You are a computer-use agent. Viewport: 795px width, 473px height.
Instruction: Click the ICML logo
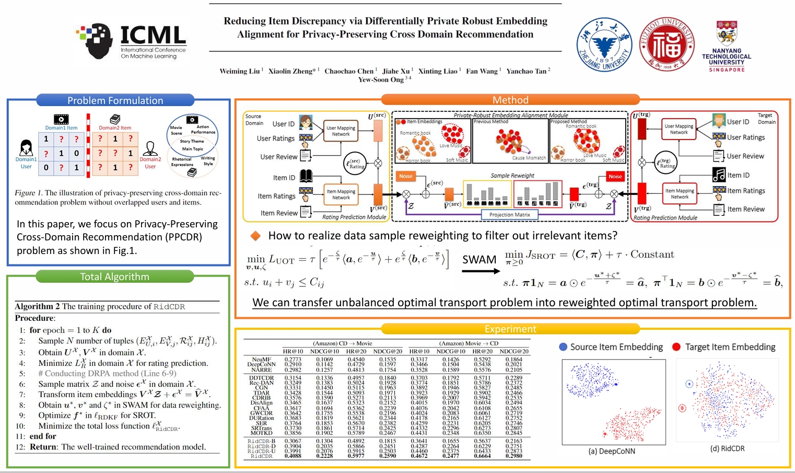pos(131,41)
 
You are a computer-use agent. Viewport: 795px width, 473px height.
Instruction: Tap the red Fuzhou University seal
pos(667,44)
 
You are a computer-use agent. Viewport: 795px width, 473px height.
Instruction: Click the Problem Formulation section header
pos(115,100)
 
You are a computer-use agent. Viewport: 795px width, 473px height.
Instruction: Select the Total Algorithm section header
pos(115,276)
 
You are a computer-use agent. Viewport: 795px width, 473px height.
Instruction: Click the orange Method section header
pos(510,100)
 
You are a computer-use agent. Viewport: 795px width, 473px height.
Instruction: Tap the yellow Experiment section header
pos(510,329)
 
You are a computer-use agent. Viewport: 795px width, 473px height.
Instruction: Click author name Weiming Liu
pos(240,71)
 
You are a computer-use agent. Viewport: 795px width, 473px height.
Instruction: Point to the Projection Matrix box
pos(509,214)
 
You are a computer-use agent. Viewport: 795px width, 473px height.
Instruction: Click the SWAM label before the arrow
pos(479,260)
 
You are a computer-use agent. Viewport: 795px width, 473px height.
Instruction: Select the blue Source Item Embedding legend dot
pos(563,347)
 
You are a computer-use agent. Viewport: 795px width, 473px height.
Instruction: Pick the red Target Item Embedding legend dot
pos(676,347)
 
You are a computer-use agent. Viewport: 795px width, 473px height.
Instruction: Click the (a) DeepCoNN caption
pos(612,451)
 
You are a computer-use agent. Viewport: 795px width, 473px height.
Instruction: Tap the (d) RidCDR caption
pos(727,448)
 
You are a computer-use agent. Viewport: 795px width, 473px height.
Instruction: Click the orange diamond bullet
pos(256,236)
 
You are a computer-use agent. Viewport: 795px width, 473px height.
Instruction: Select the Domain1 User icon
pos(26,149)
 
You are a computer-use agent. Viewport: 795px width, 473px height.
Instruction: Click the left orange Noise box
pos(406,176)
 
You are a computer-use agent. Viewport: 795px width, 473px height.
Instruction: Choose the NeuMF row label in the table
pos(262,360)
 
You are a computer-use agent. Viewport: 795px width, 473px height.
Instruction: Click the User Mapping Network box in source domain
pos(341,131)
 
